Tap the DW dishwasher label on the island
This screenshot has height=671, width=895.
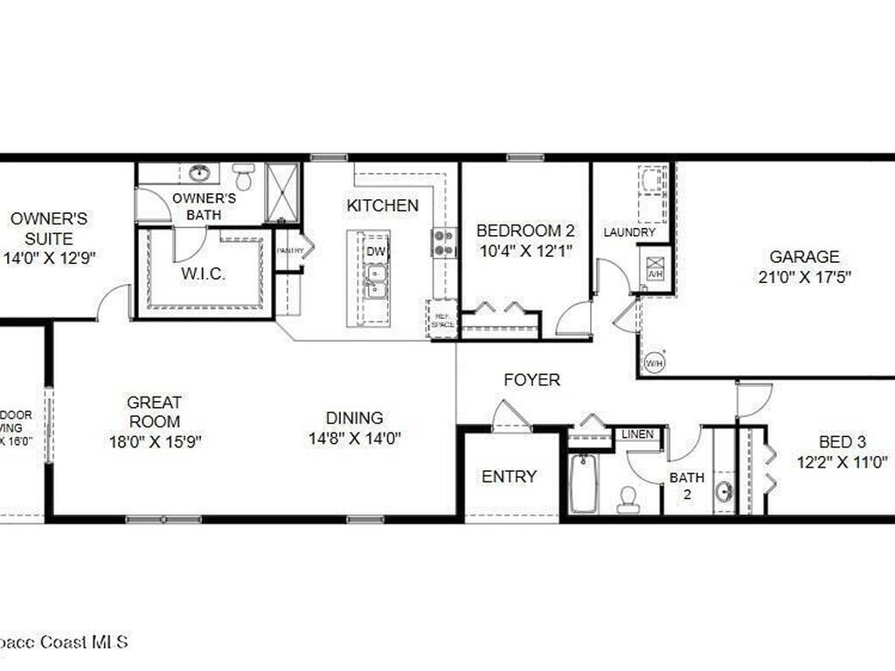[376, 252]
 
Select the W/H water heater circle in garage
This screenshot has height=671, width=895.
[654, 363]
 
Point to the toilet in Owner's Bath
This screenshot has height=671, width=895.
[244, 176]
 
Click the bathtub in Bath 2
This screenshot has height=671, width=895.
[583, 483]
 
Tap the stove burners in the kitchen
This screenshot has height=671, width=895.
[444, 242]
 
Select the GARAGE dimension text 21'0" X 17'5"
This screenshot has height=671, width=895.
[804, 278]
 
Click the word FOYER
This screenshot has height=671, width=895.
[531, 380]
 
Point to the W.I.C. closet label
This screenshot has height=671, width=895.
[204, 273]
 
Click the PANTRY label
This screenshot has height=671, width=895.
[289, 251]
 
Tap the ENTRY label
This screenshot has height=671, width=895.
[510, 477]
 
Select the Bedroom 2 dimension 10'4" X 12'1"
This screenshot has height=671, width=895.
[524, 252]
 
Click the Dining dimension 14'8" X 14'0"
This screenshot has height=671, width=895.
[354, 439]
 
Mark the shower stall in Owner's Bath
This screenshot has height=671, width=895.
[281, 192]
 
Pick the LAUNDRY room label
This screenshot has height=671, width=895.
[629, 232]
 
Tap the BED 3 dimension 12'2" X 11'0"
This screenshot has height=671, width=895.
[843, 462]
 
